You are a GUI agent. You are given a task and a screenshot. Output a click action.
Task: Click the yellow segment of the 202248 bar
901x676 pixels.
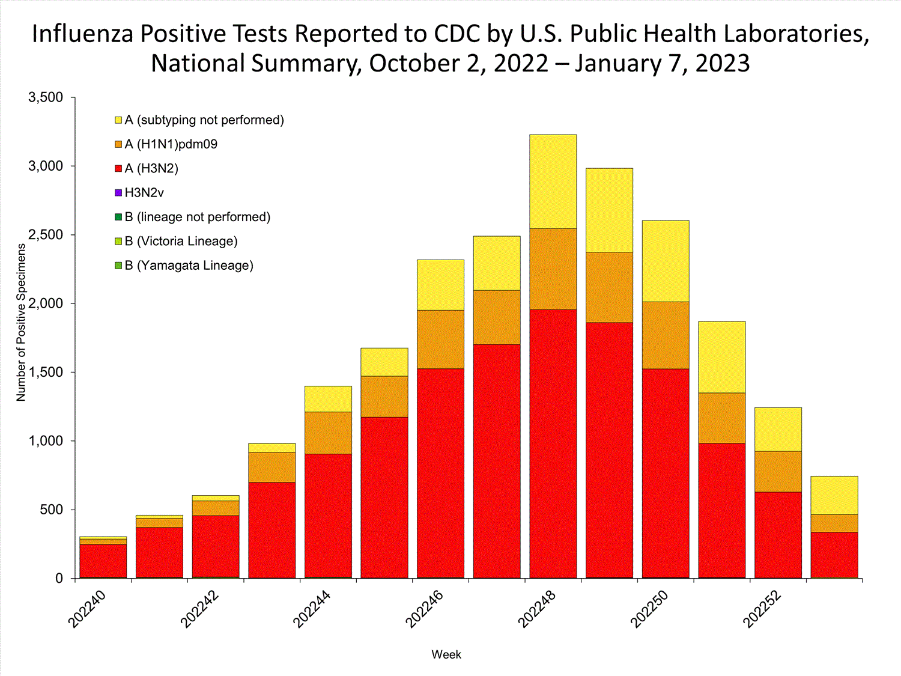(553, 181)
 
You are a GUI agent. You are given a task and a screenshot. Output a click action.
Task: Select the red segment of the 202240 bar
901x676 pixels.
(103, 561)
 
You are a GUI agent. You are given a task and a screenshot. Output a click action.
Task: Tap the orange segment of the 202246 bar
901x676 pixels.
(440, 339)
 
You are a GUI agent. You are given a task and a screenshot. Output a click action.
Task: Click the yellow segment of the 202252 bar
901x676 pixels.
(778, 429)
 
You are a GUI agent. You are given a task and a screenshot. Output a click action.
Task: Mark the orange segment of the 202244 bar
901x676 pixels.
(328, 433)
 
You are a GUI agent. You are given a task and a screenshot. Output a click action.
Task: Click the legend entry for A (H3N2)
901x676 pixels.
(151, 169)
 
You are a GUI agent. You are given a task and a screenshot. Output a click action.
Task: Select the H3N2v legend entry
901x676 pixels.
(144, 193)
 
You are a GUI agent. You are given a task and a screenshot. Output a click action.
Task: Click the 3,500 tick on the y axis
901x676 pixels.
(46, 97)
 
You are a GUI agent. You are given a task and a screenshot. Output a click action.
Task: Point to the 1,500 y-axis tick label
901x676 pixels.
(46, 372)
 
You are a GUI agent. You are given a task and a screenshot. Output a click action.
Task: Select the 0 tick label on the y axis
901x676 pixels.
(59, 578)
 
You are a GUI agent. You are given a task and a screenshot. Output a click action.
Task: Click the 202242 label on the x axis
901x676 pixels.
(200, 609)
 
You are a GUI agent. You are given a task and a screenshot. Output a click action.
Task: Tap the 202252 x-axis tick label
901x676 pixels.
(762, 609)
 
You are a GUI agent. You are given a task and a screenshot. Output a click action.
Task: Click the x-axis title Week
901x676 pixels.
(446, 655)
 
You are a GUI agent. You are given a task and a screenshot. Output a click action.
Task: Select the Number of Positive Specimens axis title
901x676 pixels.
(22, 323)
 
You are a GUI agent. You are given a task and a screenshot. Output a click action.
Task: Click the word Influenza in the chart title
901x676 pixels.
(82, 34)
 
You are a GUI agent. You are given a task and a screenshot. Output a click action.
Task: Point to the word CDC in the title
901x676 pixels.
(457, 34)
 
